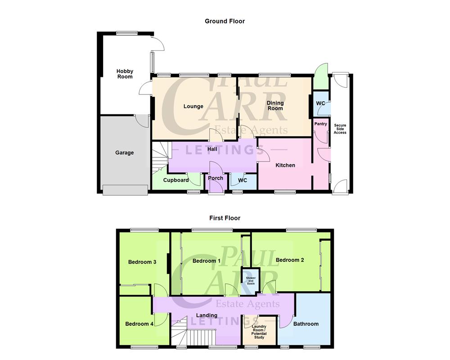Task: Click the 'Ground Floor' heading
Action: [x=225, y=21]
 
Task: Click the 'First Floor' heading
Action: [x=225, y=218]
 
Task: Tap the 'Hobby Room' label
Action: [x=125, y=74]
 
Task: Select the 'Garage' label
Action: [x=124, y=153]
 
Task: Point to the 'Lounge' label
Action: [x=193, y=107]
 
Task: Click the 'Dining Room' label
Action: [x=275, y=105]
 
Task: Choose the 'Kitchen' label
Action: [x=285, y=165]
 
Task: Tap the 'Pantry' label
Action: [x=320, y=124]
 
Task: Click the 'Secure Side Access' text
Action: [x=340, y=129]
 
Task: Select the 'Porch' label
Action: [x=216, y=178]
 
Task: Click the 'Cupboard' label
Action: [x=176, y=180]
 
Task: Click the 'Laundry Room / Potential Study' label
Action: [x=259, y=331]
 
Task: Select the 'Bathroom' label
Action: [x=306, y=324]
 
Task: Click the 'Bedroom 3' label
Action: [x=142, y=262]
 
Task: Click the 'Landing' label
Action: [x=207, y=315]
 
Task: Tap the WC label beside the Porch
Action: [x=242, y=180]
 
